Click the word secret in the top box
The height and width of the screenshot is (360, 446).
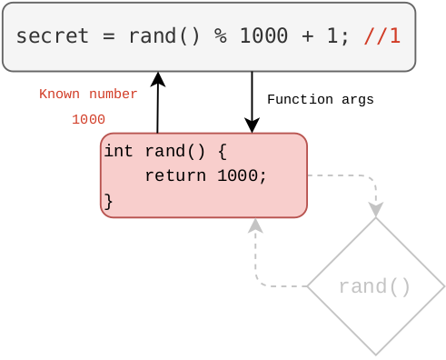pos(53,36)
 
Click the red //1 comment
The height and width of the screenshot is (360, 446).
pos(382,36)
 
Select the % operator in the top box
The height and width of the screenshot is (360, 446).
pos(220,36)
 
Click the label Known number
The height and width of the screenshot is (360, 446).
pos(88,95)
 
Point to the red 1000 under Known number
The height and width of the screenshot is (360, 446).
pos(88,120)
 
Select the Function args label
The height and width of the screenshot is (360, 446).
pos(320,100)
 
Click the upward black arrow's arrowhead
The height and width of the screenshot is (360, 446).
pos(158,79)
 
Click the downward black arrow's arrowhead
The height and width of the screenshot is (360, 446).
pos(252,126)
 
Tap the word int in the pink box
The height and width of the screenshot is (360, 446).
pos(118,151)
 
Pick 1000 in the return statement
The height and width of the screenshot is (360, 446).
pos(242,175)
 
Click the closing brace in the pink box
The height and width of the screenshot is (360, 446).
pos(108,201)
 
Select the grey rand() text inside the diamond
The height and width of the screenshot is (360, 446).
pos(374,287)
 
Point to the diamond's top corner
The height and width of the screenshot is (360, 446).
pos(375,219)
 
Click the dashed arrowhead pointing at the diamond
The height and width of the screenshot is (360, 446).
pos(375,210)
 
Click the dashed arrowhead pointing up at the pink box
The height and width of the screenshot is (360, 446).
pos(255,225)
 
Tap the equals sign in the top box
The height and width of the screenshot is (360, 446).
pos(108,36)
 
